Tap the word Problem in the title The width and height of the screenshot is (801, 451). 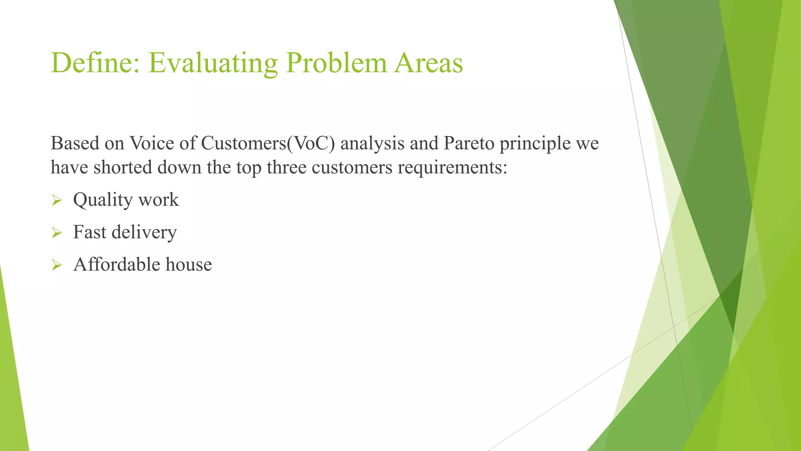[x=336, y=63]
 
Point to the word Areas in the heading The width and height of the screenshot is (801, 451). [x=428, y=63]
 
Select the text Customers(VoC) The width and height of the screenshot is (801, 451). [x=268, y=144]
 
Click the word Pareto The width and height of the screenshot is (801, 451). [x=469, y=143]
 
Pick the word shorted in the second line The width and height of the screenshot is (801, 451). [x=123, y=168]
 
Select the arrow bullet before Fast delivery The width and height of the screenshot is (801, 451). [x=57, y=233]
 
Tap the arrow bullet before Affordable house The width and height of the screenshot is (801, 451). [x=57, y=266]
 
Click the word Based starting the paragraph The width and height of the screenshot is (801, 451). [x=75, y=143]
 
